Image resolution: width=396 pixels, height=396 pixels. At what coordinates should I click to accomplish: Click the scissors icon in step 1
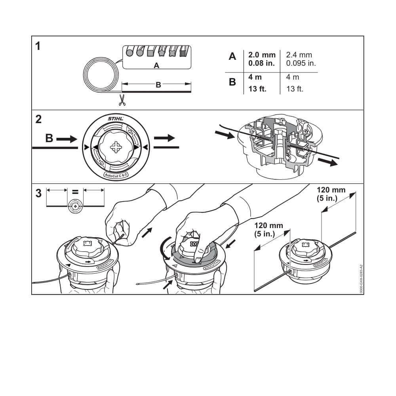tap(122, 100)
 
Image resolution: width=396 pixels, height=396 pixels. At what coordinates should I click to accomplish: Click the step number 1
tap(38, 47)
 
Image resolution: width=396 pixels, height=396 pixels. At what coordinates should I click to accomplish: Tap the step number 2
tap(38, 119)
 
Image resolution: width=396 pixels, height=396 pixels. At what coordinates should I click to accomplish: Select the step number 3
tap(38, 194)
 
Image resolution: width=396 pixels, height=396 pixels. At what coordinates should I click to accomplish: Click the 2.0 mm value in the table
tap(262, 55)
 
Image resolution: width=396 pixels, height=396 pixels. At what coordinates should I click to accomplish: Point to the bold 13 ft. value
tap(257, 89)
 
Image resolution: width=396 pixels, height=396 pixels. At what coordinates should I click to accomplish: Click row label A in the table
tap(232, 57)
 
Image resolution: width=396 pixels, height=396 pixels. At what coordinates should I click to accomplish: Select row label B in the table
tap(232, 82)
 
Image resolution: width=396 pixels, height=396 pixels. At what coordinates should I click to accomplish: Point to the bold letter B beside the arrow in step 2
tap(49, 139)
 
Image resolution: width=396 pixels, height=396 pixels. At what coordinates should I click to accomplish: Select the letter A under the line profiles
tap(156, 66)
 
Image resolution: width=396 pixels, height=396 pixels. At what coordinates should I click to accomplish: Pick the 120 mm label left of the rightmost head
tap(268, 229)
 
